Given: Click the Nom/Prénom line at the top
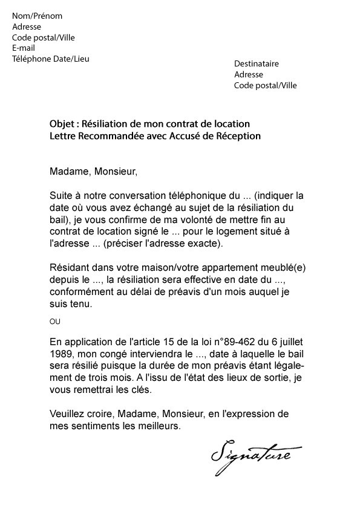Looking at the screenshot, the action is [x=37, y=16].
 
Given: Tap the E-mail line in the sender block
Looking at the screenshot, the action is [x=24, y=48].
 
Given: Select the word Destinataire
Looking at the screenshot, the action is [x=257, y=63].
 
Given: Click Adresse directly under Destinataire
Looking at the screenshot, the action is [x=249, y=74].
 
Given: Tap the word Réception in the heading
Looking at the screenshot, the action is [x=238, y=136].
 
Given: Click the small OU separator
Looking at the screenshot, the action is [x=55, y=320].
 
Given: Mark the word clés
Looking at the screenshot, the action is [x=142, y=389].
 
